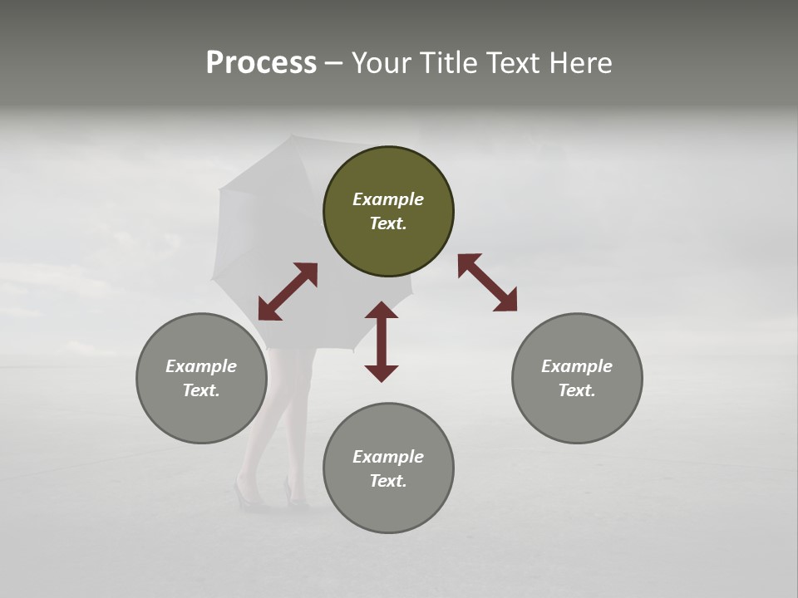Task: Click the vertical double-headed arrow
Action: click(382, 341)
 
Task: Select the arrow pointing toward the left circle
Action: click(288, 292)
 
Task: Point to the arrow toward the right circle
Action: click(487, 282)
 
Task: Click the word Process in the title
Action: click(261, 63)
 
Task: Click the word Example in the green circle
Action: click(388, 199)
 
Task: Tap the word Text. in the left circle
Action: click(201, 390)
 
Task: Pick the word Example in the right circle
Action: click(577, 366)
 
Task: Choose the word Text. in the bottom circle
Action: click(388, 481)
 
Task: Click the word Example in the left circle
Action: click(201, 366)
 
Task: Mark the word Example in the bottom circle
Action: click(388, 457)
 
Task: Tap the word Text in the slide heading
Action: click(512, 63)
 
